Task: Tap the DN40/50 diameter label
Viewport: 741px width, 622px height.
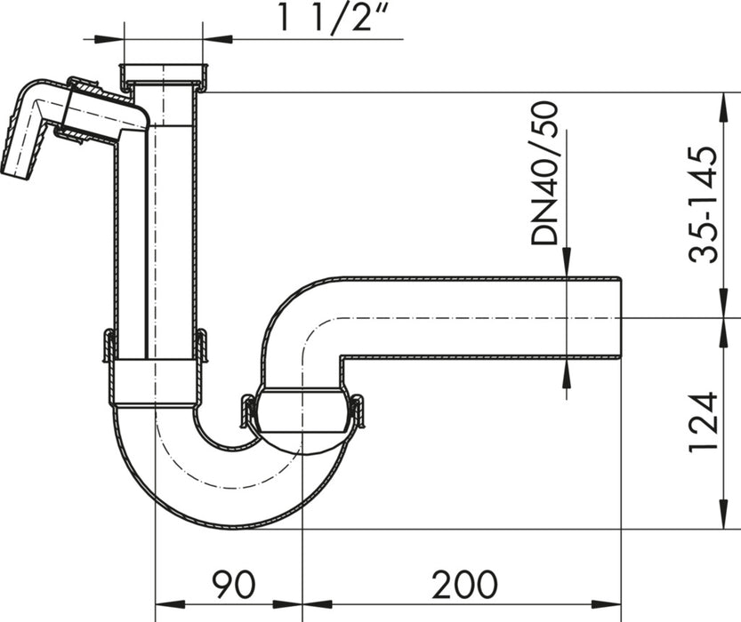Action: (544, 172)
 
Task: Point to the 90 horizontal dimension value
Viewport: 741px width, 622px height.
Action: (233, 584)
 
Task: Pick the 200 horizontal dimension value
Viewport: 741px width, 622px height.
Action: (464, 584)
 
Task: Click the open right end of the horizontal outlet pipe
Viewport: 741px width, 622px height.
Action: (616, 316)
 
